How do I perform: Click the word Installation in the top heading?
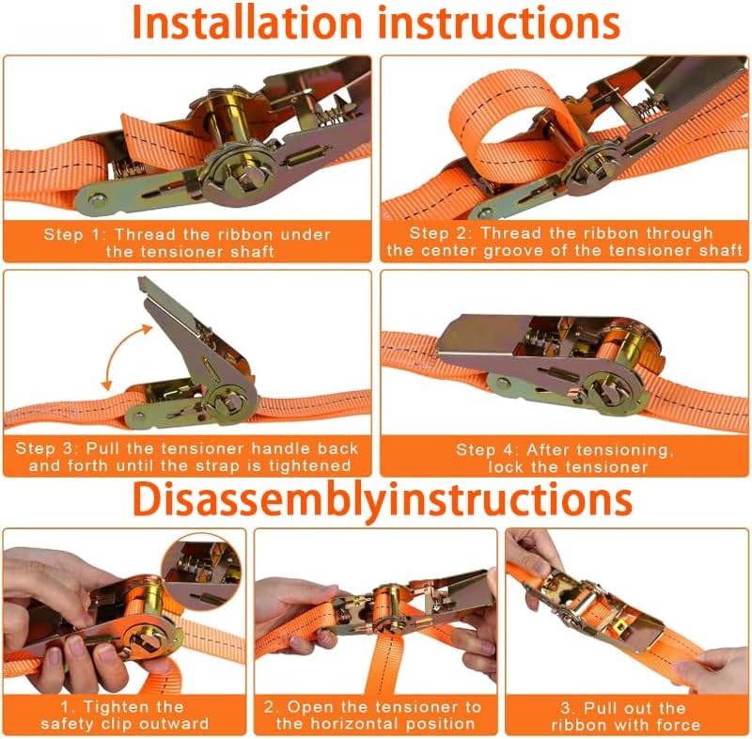point(246,23)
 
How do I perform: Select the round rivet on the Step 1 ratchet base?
point(97,200)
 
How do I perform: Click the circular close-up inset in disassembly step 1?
point(201,573)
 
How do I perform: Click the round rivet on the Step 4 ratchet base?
point(502,384)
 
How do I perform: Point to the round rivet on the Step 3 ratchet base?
point(139,417)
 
